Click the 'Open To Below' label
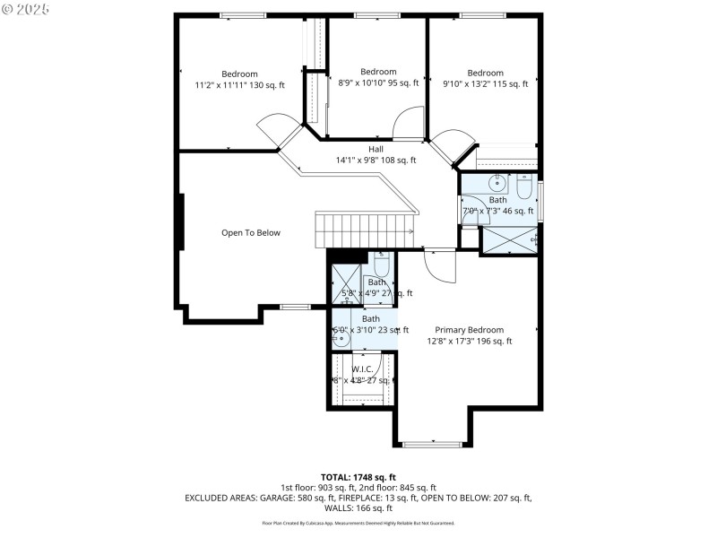point(251,233)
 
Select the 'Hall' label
point(377,149)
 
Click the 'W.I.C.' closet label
point(362,368)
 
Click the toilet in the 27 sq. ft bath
point(380,265)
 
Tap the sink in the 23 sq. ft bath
point(338,339)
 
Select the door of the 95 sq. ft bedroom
point(409,123)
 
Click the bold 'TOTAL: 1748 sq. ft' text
point(358,477)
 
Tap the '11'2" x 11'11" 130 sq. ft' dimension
point(239,85)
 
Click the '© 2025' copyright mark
point(26,9)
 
